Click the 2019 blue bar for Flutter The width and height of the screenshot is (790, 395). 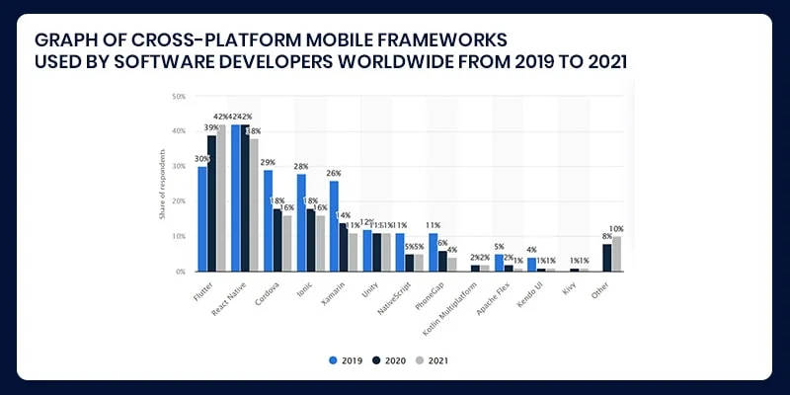tap(202, 218)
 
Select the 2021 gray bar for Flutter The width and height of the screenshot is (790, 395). tap(221, 197)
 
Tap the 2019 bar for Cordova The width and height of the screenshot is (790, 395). tap(268, 220)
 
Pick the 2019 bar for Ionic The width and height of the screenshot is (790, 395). tap(301, 222)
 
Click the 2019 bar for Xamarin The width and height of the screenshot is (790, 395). tap(334, 225)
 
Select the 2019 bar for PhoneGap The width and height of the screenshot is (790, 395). tap(433, 252)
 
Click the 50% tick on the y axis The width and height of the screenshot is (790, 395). tap(179, 97)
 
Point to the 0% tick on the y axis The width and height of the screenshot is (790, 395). tap(181, 271)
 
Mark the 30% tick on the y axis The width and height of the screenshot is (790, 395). tap(179, 166)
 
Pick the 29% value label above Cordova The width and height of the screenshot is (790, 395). tap(268, 161)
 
